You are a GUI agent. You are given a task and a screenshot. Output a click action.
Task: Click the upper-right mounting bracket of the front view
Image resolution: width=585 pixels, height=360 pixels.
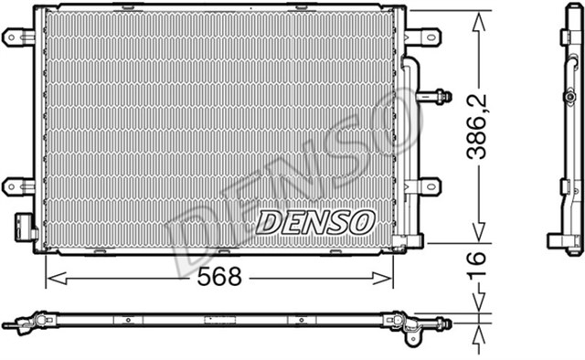422,37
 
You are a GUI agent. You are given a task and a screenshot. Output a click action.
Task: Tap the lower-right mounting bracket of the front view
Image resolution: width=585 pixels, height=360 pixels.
422,186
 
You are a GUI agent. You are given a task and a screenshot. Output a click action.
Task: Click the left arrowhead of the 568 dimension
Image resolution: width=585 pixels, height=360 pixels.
51,277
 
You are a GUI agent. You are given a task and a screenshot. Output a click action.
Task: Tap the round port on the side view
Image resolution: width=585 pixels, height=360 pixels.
569,96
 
